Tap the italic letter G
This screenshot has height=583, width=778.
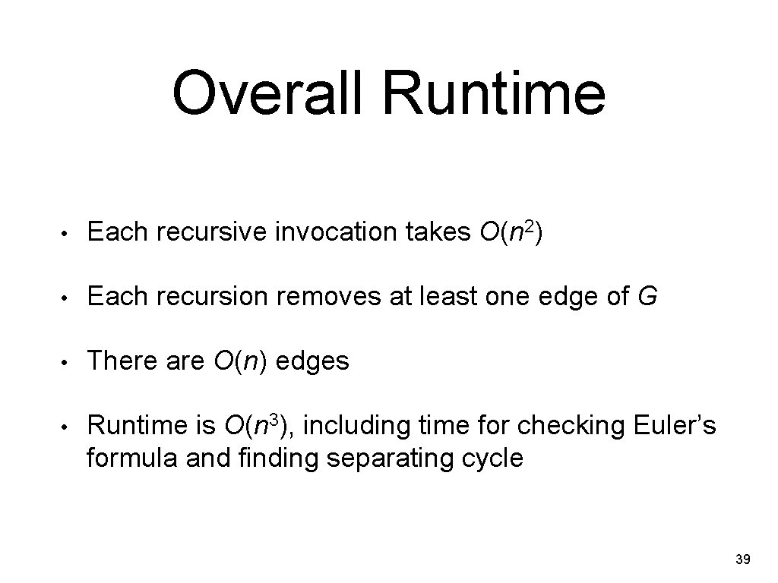tap(648, 298)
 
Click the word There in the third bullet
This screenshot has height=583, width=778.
tap(118, 361)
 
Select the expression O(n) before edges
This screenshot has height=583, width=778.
tap(236, 361)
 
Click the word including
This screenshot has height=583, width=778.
tap(357, 426)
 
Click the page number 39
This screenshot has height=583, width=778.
tap(743, 560)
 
